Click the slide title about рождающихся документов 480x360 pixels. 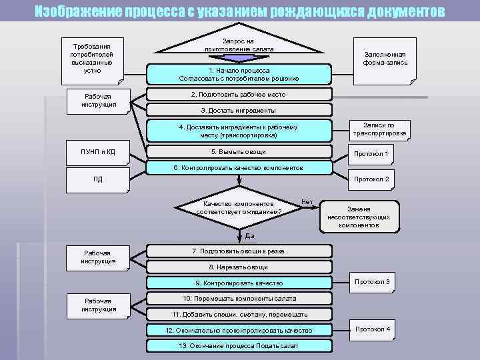239,12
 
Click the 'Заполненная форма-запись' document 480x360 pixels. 385,59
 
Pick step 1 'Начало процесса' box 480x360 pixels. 239,74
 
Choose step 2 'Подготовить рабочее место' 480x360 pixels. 239,95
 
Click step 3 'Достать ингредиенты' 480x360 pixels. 239,110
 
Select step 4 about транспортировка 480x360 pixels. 239,131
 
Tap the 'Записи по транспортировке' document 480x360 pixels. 379,129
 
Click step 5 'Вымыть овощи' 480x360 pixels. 239,152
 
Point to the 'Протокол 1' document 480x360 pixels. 371,155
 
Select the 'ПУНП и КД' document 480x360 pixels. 98,153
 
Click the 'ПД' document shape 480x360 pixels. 98,179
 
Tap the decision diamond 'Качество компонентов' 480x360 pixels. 239,207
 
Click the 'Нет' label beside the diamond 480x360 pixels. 307,201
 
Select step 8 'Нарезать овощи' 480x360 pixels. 239,267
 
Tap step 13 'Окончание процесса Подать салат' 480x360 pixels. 239,346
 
